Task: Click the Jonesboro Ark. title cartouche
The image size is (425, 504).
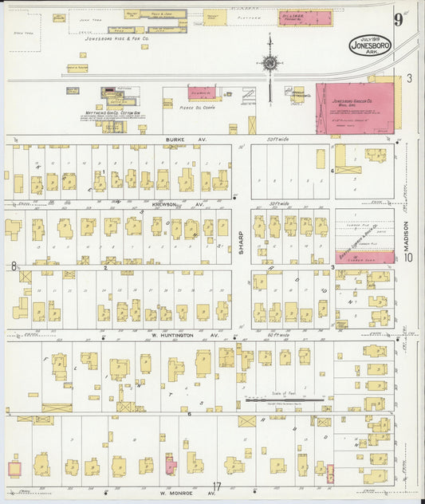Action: [370, 45]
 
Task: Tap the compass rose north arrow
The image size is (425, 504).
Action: [270, 61]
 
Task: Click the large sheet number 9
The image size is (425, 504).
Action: [397, 20]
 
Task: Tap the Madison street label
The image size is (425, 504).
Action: [405, 237]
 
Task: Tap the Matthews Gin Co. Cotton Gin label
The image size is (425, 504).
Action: [109, 112]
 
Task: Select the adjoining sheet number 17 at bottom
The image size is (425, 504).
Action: [216, 486]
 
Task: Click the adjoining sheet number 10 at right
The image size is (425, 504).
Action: [408, 256]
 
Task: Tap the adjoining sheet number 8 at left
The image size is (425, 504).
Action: [14, 265]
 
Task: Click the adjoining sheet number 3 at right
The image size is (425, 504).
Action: [408, 78]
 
